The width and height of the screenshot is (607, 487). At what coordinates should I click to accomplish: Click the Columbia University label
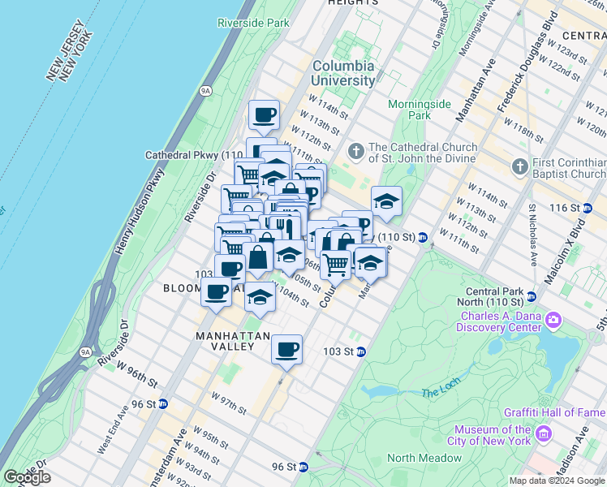tap(343, 73)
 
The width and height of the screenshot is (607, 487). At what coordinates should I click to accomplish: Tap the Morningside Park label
tap(419, 110)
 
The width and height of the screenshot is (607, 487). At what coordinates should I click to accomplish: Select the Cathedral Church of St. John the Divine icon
tap(355, 152)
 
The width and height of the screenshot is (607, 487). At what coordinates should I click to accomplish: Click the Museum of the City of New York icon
tap(543, 435)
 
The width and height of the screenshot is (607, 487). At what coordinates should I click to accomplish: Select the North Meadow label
tap(424, 458)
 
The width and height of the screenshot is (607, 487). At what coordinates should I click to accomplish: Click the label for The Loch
tap(441, 394)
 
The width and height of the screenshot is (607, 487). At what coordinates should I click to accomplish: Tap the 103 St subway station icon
tap(361, 351)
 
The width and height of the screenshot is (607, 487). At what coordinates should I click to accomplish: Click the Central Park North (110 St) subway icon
tap(532, 296)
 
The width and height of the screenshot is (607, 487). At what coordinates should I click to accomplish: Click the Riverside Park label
tap(254, 24)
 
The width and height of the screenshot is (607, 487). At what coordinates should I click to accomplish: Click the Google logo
tap(27, 477)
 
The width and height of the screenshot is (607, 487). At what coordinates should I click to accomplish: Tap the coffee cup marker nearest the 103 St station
tap(286, 350)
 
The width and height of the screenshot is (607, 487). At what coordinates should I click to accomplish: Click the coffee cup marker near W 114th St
tap(264, 115)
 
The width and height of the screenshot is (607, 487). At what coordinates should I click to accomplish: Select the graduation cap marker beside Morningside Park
tap(387, 201)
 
